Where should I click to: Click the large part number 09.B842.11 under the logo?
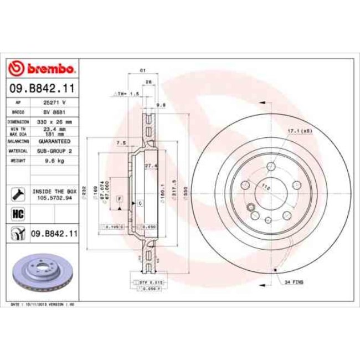pyautogui.click(x=42, y=88)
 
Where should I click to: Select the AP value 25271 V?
pyautogui.click(x=54, y=103)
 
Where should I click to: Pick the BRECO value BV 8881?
pyautogui.click(x=54, y=111)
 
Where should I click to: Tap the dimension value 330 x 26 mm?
pyautogui.click(x=54, y=121)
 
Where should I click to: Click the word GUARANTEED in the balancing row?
pyautogui.click(x=54, y=141)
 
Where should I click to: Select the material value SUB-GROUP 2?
pyautogui.click(x=54, y=150)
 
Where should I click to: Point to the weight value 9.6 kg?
pyautogui.click(x=54, y=160)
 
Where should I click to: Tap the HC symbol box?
pyautogui.click(x=17, y=213)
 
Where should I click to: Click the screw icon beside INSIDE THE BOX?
pyautogui.click(x=17, y=194)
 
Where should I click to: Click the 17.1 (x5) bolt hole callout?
pyautogui.click(x=299, y=131)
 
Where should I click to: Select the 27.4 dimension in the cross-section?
pyautogui.click(x=151, y=166)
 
